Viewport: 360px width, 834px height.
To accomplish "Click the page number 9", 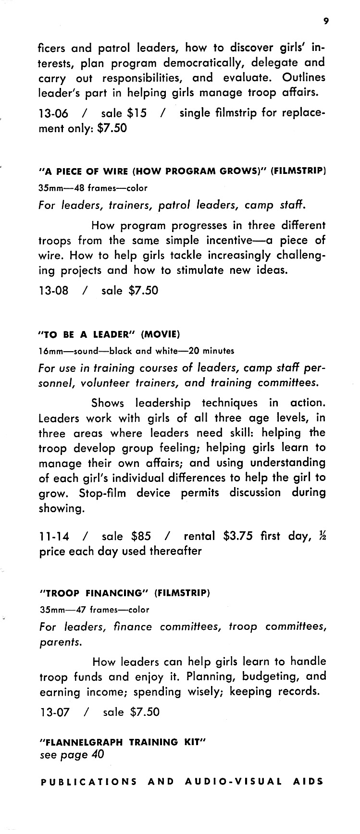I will point(326,20).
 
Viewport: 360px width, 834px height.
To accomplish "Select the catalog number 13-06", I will point(53,114).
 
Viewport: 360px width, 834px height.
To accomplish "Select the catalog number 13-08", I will point(53,291).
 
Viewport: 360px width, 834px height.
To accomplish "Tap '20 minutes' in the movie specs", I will point(212,351).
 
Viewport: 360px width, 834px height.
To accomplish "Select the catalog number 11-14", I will point(53,536).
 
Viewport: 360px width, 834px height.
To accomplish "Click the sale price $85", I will point(141,536).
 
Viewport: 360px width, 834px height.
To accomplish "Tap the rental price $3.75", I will point(238,536).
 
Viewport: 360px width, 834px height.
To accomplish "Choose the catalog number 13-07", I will point(54,712).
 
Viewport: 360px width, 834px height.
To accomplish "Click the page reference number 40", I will point(97,754).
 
